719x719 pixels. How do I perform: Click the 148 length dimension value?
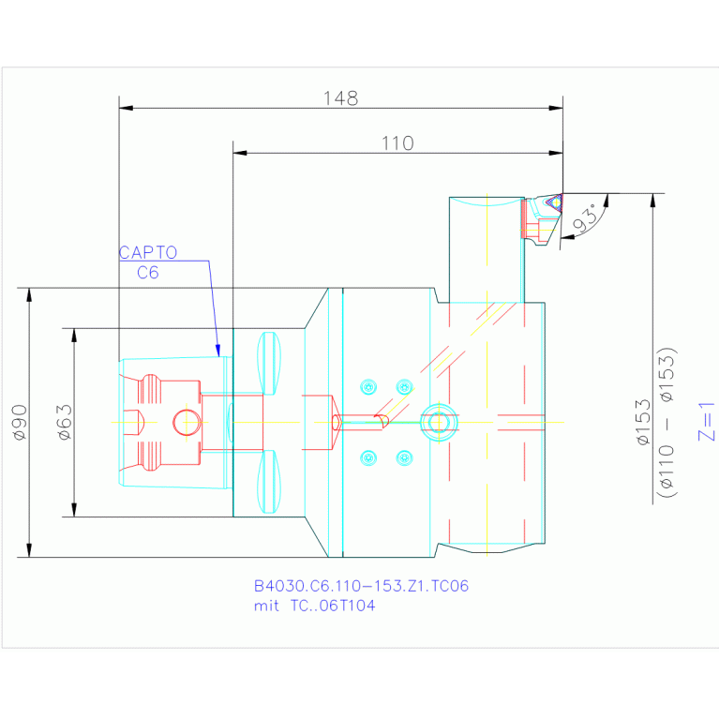[x=340, y=98]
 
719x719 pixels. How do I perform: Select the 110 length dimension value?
[x=398, y=143]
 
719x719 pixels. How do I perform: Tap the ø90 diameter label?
[x=21, y=423]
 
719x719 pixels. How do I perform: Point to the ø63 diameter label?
[x=65, y=423]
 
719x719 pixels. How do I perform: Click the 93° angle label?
[x=586, y=218]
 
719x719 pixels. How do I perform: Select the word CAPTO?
[x=148, y=253]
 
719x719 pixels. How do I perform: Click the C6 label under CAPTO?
[x=148, y=273]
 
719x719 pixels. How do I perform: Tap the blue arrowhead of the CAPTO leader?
[x=217, y=351]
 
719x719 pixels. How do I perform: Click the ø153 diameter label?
[x=643, y=423]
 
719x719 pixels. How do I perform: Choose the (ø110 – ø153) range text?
[x=667, y=423]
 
